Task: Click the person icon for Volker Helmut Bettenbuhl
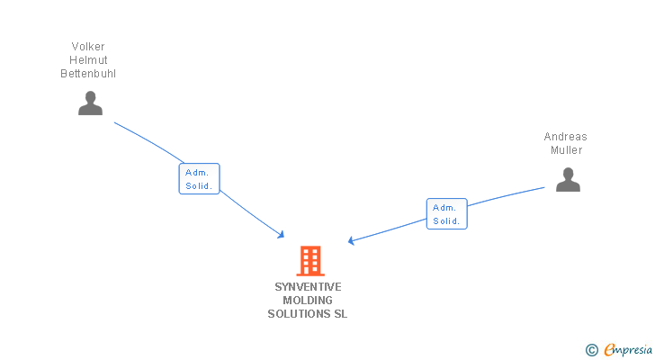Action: click(90, 103)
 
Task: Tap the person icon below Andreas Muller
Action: click(568, 180)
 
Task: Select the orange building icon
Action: click(310, 260)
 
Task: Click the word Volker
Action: click(88, 47)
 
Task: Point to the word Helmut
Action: click(88, 60)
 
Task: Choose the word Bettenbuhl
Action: click(88, 74)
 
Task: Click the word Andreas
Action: click(565, 137)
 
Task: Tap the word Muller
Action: click(567, 150)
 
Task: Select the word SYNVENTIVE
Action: click(308, 287)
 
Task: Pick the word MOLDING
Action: click(308, 301)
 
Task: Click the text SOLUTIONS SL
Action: click(308, 314)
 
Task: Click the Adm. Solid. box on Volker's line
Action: click(199, 179)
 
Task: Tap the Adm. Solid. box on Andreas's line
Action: click(446, 214)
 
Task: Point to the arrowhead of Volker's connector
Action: click(282, 235)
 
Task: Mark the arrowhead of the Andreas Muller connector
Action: click(352, 240)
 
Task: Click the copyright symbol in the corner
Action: click(591, 350)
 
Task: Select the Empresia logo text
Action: click(628, 350)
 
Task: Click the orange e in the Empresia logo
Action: click(609, 350)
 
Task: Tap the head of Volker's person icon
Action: click(90, 97)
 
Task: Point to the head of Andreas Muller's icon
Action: click(568, 173)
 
